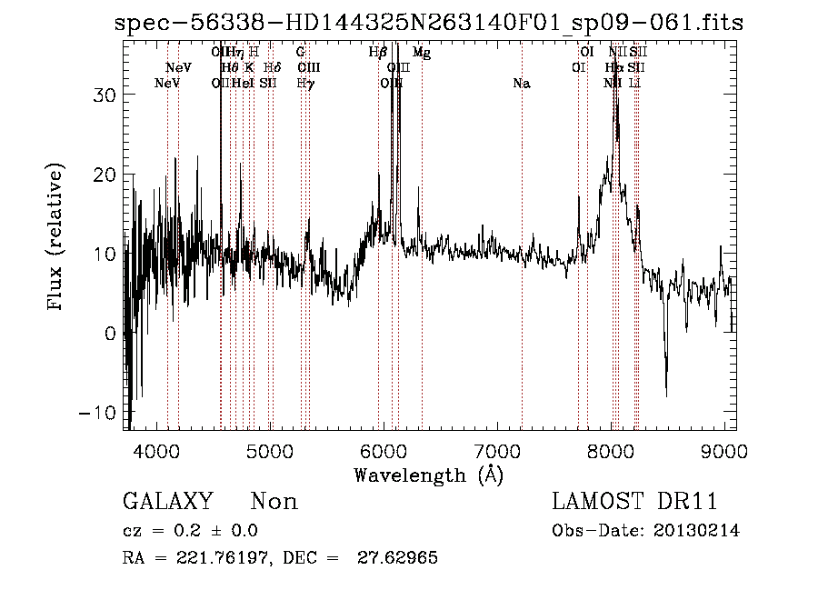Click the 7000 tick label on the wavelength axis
[498, 450]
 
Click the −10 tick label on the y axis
[101, 413]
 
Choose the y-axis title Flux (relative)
[56, 238]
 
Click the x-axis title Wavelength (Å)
[428, 475]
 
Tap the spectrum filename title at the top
[429, 23]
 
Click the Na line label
[522, 84]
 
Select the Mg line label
[422, 53]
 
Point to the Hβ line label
[378, 53]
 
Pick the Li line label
[635, 84]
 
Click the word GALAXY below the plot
[167, 502]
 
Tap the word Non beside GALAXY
[274, 502]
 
